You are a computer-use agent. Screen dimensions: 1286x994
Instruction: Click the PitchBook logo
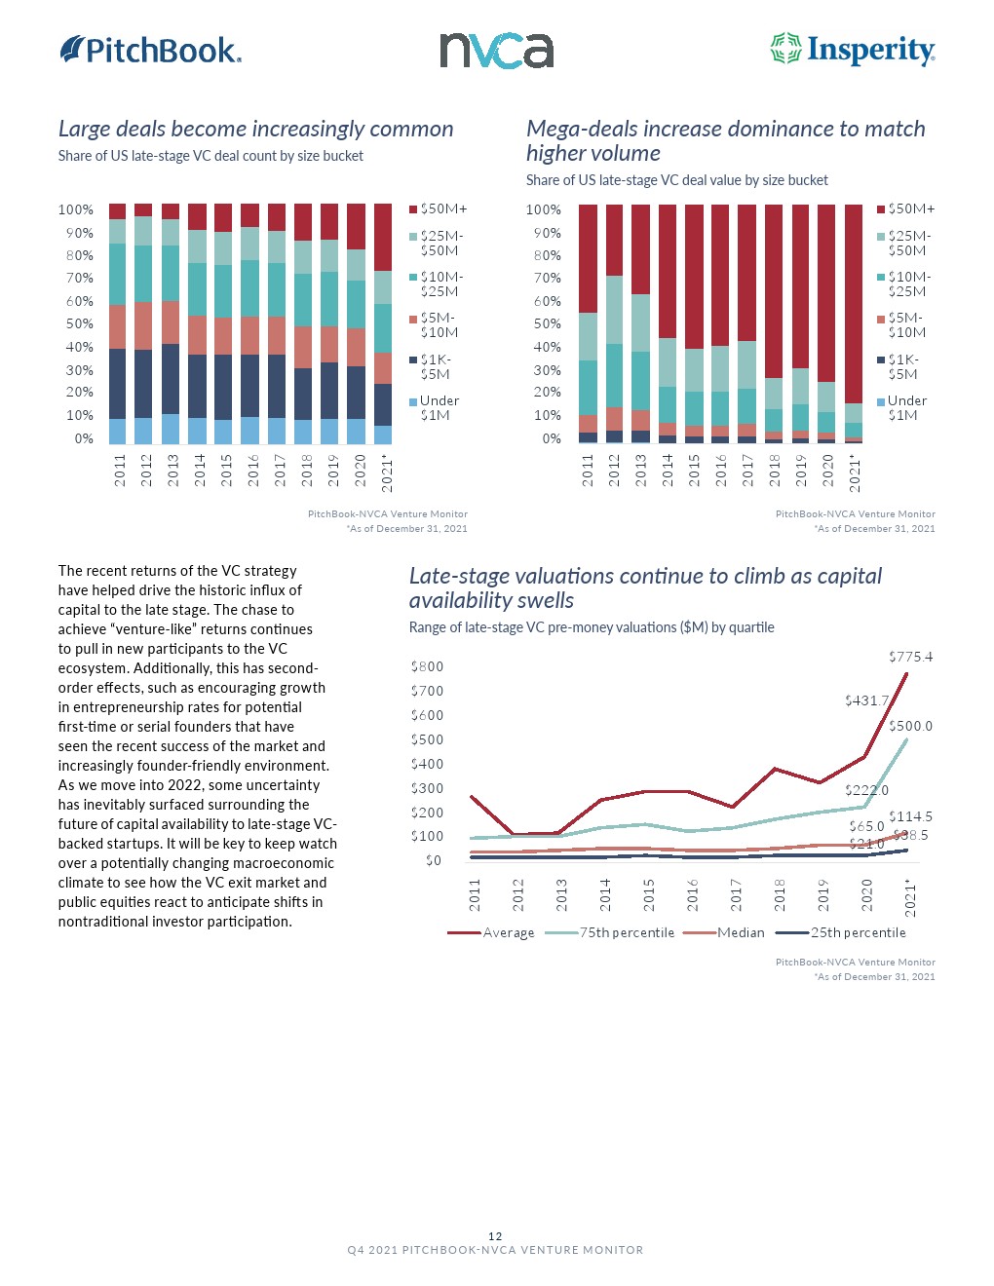[151, 50]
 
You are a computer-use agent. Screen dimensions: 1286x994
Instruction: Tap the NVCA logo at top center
[496, 51]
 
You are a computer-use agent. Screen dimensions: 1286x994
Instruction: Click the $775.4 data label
[910, 657]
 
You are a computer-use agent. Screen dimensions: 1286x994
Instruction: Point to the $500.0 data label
[910, 726]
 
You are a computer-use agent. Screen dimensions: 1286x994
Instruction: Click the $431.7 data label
[866, 700]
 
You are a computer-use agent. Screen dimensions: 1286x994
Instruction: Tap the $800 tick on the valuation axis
[427, 666]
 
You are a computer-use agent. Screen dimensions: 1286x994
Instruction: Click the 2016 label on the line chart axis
[693, 894]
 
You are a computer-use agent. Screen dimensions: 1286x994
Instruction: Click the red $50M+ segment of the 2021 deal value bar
[854, 303]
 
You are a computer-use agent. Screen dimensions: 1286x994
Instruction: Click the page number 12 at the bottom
[496, 1236]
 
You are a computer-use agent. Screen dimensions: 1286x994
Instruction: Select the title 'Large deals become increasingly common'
[255, 129]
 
